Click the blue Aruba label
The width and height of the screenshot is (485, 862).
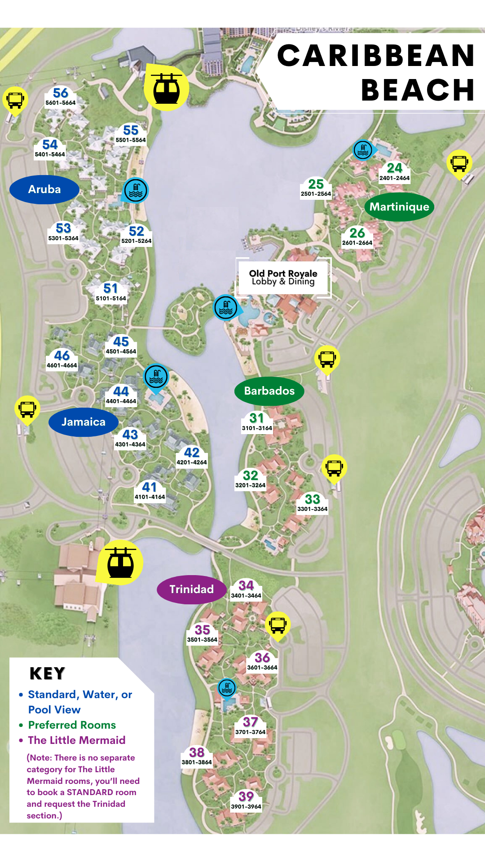tap(44, 189)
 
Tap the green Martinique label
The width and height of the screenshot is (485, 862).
tap(399, 207)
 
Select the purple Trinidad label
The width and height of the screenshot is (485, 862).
tap(191, 589)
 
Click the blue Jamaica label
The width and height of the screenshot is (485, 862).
tap(84, 422)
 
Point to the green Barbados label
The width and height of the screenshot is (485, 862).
tap(269, 391)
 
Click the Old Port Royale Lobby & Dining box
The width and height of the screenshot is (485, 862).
tap(283, 277)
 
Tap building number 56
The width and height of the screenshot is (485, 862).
tap(61, 93)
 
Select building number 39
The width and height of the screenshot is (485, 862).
tap(246, 796)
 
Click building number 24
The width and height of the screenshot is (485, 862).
tap(395, 168)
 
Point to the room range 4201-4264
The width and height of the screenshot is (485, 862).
tap(192, 462)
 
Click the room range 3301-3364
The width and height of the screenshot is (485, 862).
tap(313, 509)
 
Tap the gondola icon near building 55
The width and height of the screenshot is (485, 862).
tap(167, 87)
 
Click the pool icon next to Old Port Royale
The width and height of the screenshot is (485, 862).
tap(226, 308)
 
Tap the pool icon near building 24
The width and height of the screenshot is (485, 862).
tap(363, 150)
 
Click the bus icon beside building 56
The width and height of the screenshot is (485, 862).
tap(15, 99)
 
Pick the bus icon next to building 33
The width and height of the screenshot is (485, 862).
tap(335, 467)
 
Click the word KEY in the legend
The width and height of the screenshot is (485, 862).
tap(48, 673)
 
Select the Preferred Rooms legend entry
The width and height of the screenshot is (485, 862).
tap(72, 725)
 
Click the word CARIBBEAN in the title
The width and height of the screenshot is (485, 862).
tap(376, 56)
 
